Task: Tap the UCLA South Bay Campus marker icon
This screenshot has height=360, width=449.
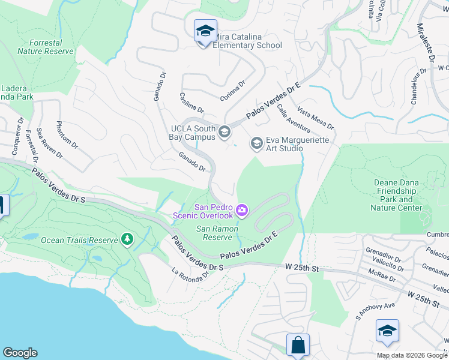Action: pyautogui.click(x=224, y=132)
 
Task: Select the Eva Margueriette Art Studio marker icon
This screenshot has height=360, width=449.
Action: pyautogui.click(x=257, y=143)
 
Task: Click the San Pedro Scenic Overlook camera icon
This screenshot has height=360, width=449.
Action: pyautogui.click(x=242, y=209)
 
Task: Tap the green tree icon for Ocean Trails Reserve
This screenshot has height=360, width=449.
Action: pyautogui.click(x=127, y=239)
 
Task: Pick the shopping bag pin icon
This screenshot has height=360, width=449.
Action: pyautogui.click(x=298, y=346)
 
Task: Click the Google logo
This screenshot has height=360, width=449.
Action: pyautogui.click(x=20, y=353)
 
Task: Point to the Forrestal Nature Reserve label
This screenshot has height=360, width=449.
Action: pyautogui.click(x=46, y=47)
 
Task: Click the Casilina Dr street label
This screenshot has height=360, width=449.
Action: pyautogui.click(x=191, y=103)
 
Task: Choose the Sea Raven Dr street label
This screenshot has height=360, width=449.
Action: pyautogui.click(x=49, y=143)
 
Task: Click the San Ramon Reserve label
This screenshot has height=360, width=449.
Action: pyautogui.click(x=218, y=233)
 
